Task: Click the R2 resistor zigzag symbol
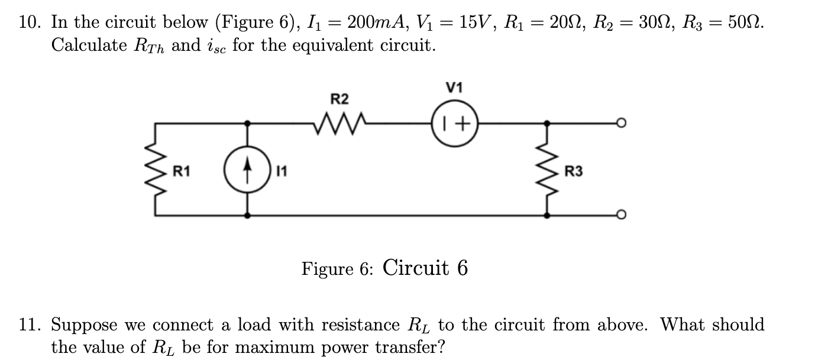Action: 340,124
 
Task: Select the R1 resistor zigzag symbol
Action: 156,169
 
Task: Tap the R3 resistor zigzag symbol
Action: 548,169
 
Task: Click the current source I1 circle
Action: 247,170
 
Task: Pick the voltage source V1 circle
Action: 455,123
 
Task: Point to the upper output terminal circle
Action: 622,123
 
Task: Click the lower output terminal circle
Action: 622,215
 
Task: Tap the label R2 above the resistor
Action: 339,99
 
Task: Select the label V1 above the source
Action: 454,87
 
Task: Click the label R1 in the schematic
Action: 182,171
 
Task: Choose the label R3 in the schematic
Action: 573,171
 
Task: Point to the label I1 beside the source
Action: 282,171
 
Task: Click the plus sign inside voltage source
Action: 463,124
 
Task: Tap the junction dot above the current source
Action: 247,123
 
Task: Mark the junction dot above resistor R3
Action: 547,123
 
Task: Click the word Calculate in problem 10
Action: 89,46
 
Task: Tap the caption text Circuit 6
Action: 425,267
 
